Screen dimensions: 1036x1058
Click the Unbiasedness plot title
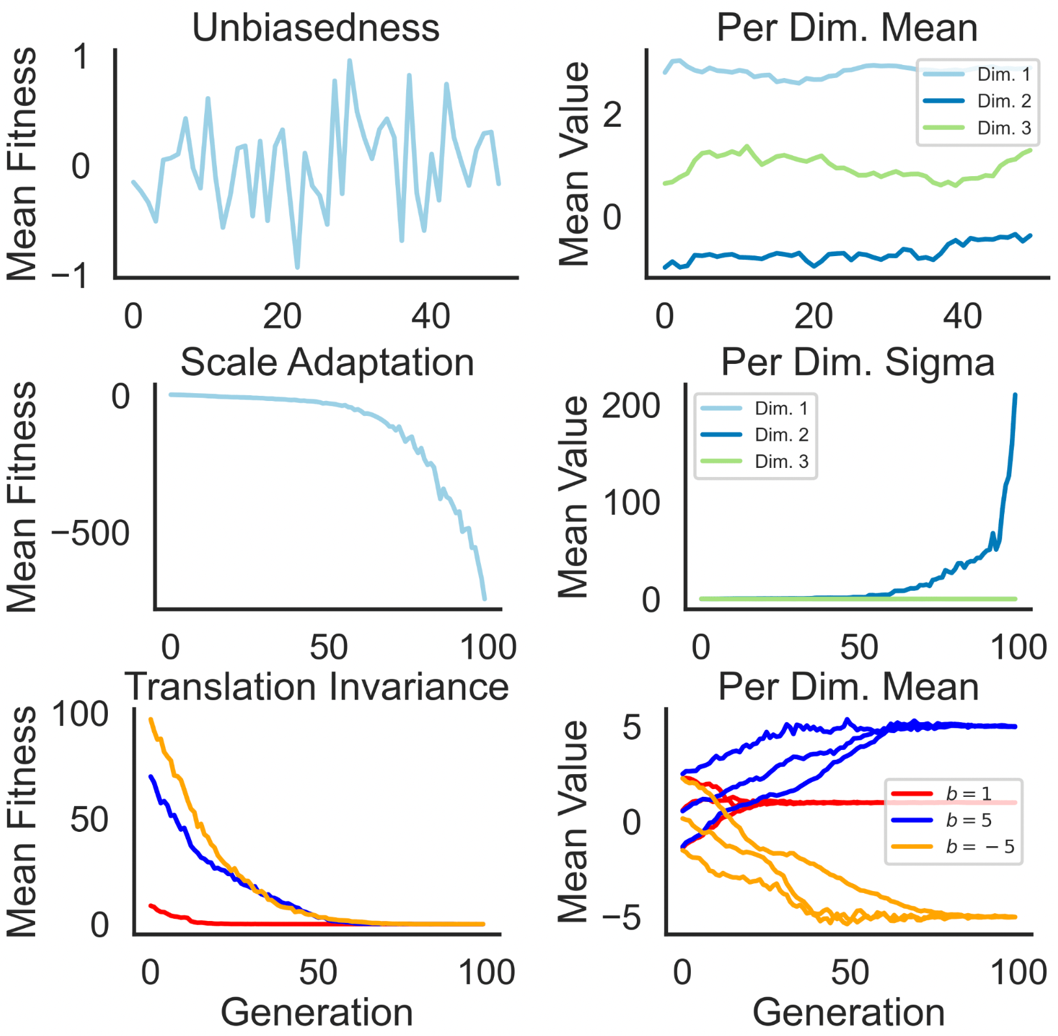pos(316,28)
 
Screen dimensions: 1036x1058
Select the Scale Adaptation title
pos(327,362)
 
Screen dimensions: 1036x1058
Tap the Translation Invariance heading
pos(316,686)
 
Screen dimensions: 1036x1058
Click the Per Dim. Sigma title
pos(857,362)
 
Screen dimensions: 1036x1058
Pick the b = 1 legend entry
pos(968,794)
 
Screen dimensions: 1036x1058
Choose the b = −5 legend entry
pos(979,846)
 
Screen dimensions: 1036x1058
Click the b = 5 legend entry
pos(968,820)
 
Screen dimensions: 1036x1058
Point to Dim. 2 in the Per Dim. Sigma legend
pos(781,435)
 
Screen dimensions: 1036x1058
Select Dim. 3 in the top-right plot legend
pos(1003,128)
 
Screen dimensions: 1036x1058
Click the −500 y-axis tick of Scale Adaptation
pos(91,534)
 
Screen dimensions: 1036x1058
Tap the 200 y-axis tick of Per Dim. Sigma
pos(630,407)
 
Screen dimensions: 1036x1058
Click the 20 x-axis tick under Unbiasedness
pos(282,317)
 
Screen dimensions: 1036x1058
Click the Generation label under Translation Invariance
pos(316,1013)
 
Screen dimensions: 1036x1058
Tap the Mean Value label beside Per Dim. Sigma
pos(573,497)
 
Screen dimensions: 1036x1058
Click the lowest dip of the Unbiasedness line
pos(297,267)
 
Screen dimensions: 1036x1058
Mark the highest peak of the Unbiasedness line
pos(350,60)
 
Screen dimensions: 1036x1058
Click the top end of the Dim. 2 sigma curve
pos(1015,395)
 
